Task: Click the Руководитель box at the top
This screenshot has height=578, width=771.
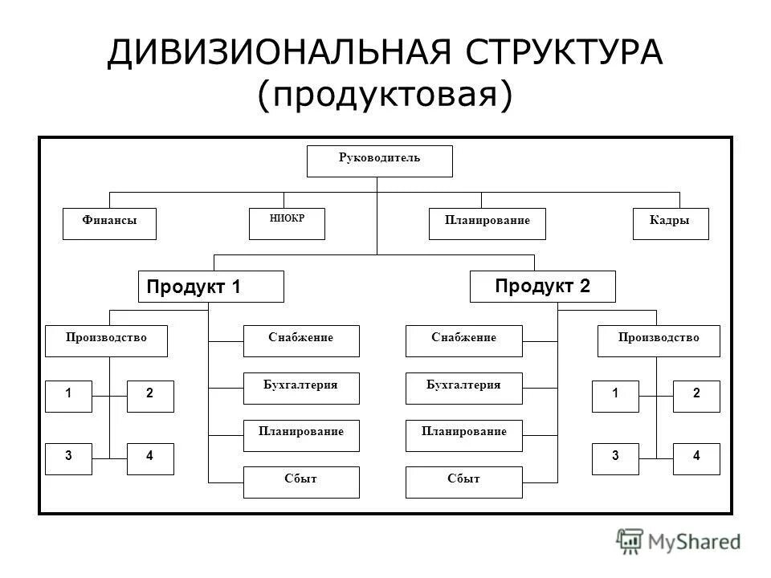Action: pyautogui.click(x=380, y=161)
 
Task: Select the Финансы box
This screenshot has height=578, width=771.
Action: pyautogui.click(x=109, y=224)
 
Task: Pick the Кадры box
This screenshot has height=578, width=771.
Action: pyautogui.click(x=671, y=224)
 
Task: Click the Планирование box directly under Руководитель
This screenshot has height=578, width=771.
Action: pyautogui.click(x=487, y=224)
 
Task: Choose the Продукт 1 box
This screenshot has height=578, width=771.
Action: pyautogui.click(x=211, y=287)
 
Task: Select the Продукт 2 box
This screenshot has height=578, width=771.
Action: pyautogui.click(x=542, y=287)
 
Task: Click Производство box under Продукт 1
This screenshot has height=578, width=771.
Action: pyautogui.click(x=107, y=341)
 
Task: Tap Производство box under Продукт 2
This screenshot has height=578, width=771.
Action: pyautogui.click(x=659, y=341)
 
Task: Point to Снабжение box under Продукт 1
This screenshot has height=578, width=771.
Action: pyautogui.click(x=301, y=341)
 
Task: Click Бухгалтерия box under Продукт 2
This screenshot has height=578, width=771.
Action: pyautogui.click(x=464, y=389)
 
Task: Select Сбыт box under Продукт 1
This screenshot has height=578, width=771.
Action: pyautogui.click(x=301, y=482)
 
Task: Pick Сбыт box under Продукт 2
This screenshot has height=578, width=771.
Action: pyautogui.click(x=464, y=482)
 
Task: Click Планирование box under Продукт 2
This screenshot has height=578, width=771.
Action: pyautogui.click(x=464, y=435)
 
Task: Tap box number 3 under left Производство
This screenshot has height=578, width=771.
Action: pyautogui.click(x=69, y=458)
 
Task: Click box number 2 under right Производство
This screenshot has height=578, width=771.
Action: pyautogui.click(x=696, y=397)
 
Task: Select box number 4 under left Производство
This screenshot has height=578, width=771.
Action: pyautogui.click(x=150, y=458)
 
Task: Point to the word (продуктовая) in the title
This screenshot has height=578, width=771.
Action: pyautogui.click(x=385, y=95)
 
